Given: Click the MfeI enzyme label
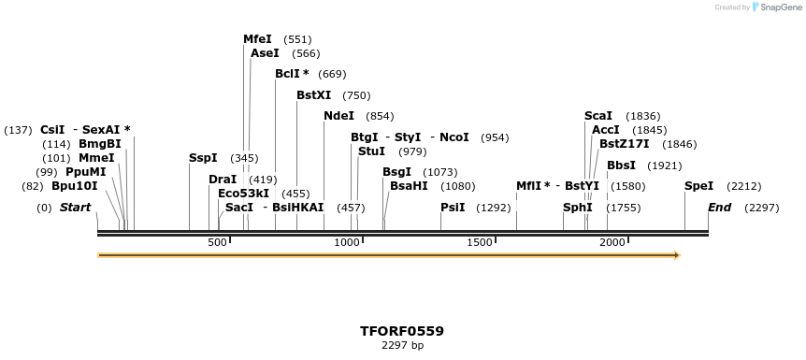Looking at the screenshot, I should (257, 39).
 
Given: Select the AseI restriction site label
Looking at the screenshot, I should (265, 53).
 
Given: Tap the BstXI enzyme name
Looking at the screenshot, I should (313, 95).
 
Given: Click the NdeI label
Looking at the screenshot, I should (338, 116).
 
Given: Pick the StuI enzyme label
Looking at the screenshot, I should (371, 151).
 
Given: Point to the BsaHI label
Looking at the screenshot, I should (409, 186).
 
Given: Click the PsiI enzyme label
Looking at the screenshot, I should (453, 208).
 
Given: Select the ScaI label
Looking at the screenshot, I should (598, 116).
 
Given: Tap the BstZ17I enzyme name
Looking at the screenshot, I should (624, 144).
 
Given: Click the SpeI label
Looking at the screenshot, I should (698, 186).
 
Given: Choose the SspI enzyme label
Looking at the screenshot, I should (203, 158).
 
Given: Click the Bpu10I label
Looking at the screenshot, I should (74, 186).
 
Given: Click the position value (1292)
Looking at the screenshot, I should (494, 208).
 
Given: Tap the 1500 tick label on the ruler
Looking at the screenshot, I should (480, 242).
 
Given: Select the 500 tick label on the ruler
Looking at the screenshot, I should (217, 242).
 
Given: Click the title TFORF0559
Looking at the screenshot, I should (402, 331).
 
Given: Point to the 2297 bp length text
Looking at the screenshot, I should (402, 346).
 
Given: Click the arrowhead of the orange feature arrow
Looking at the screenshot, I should (676, 254).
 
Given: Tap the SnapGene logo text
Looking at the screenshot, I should (783, 7).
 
